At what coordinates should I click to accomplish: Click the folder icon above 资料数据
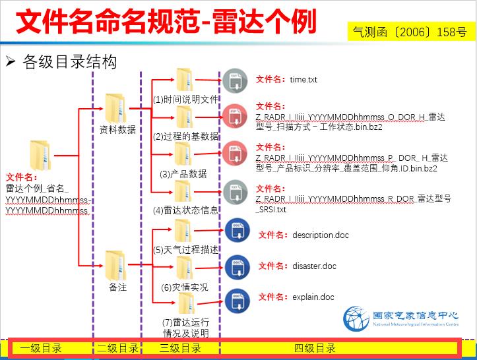(116, 108)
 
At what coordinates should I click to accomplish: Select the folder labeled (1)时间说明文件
(184, 80)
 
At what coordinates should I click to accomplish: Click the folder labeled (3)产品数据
(183, 154)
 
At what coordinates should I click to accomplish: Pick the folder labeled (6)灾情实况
(184, 267)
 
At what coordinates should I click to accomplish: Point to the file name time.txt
(303, 80)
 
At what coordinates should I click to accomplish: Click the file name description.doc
(320, 235)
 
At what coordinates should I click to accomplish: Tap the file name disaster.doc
(314, 266)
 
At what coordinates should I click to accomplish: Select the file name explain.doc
(313, 297)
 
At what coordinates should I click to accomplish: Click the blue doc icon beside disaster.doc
(236, 266)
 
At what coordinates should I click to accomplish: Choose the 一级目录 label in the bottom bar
(42, 348)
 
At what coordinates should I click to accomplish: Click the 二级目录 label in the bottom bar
(117, 348)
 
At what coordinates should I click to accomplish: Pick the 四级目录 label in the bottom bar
(315, 348)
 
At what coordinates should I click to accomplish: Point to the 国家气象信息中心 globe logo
(356, 319)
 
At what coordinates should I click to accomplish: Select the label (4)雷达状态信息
(186, 211)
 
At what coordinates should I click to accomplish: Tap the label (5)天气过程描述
(186, 250)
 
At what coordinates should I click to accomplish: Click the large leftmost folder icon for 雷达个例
(40, 155)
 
